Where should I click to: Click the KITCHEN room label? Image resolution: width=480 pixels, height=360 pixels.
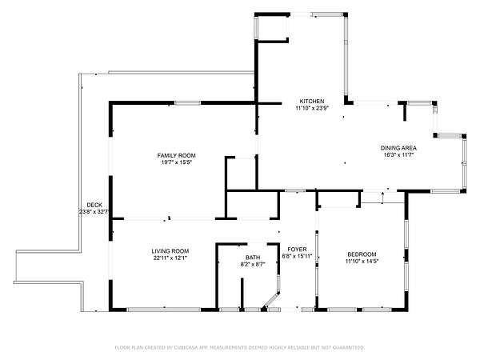pos(312,101)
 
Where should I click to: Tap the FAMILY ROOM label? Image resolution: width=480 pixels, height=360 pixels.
pos(176,155)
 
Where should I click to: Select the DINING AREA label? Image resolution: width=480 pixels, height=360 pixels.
pos(398,148)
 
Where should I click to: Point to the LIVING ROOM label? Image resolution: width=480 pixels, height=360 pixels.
pos(170,251)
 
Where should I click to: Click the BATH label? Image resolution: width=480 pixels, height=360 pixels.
pos(253,258)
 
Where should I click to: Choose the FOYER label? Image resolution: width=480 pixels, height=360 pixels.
pos(297,250)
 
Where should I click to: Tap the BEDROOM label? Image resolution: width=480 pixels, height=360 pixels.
pos(362,254)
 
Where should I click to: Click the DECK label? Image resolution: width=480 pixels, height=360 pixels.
pos(94,205)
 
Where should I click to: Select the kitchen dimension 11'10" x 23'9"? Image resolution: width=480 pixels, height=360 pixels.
pos(312,108)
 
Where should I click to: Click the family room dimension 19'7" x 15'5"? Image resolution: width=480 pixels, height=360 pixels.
pos(176,162)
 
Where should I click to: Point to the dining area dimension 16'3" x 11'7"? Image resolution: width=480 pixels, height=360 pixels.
pos(398,155)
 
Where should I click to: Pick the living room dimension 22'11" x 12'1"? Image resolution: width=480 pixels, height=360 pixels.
pos(170,258)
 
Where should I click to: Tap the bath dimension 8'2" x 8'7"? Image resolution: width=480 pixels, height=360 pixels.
pos(253,264)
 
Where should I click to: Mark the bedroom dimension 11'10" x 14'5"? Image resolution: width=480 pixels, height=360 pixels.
pos(362,261)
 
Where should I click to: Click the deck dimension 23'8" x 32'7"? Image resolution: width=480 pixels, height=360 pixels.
pos(94,211)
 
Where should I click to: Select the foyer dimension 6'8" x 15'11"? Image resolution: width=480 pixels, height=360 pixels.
pos(297,256)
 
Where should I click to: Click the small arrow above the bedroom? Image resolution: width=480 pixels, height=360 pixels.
pos(382,198)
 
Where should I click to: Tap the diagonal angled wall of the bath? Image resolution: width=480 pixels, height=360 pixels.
pos(270,300)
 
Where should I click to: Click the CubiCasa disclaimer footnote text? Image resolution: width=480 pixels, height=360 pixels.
pos(240,347)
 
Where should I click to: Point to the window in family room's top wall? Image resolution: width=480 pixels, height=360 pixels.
pos(188,103)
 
